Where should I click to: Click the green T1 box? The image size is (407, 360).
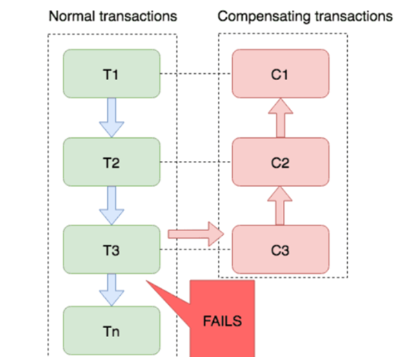[112, 74]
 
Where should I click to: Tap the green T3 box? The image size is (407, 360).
[112, 250]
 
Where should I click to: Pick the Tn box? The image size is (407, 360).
[112, 332]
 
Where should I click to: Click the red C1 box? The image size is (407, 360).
[280, 74]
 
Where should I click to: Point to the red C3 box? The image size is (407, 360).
[280, 250]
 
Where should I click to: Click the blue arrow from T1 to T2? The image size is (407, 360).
[112, 118]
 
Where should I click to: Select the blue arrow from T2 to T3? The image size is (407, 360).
[112, 205]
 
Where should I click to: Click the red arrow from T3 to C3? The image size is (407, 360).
[195, 233]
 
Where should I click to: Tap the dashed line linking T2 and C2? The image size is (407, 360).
[195, 162]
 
